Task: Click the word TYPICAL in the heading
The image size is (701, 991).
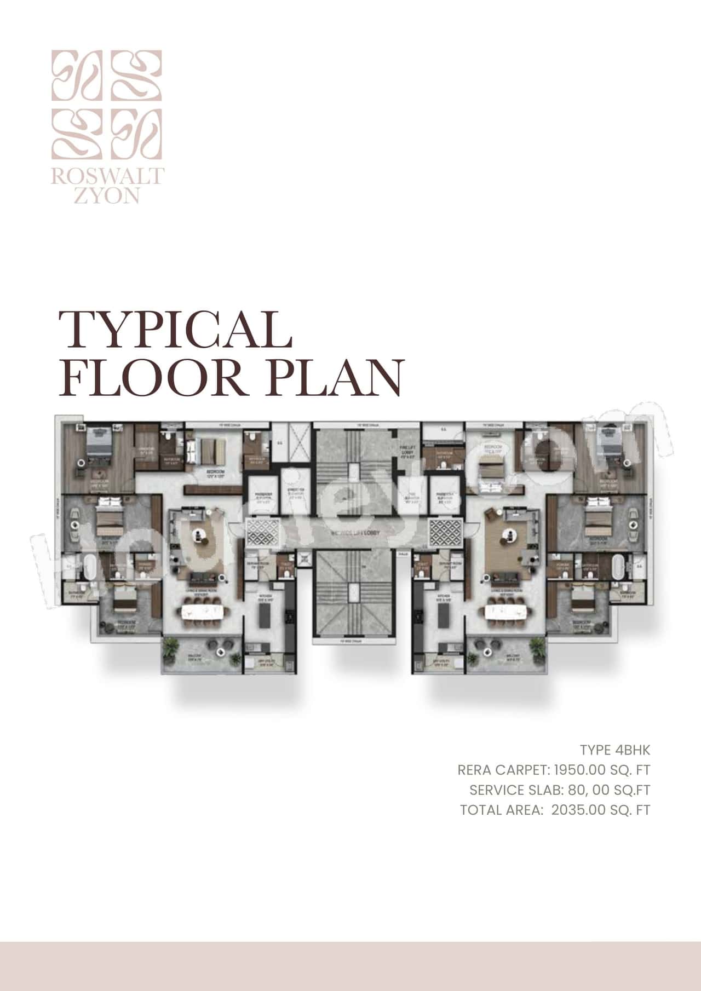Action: tap(175, 330)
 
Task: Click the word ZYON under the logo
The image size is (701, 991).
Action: tap(107, 196)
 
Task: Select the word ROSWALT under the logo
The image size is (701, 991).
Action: tap(108, 176)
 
